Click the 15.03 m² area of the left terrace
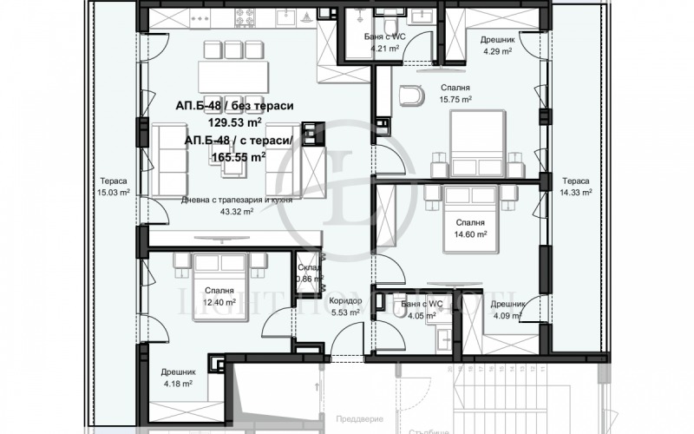tap(114, 193)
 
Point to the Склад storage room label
tap(309, 267)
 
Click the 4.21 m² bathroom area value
tap(384, 49)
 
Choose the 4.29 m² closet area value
tap(498, 50)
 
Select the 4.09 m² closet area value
tap(506, 316)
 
